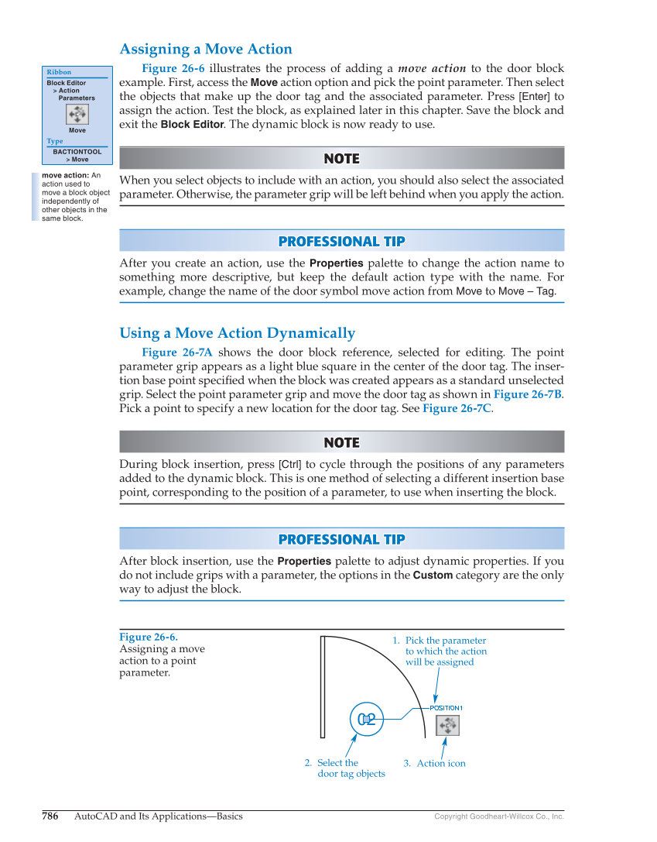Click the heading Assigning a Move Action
206,50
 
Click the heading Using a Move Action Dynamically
237,334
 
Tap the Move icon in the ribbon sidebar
77,115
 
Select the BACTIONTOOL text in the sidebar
77,152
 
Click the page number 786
50,816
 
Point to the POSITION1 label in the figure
446,708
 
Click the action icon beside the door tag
447,726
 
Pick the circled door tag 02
367,720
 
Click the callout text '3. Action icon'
434,764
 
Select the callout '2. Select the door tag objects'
344,768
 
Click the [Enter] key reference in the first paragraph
534,97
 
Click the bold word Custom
433,576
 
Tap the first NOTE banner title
341,159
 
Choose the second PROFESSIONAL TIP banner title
341,539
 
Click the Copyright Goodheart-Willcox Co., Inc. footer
499,816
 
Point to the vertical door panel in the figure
322,687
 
